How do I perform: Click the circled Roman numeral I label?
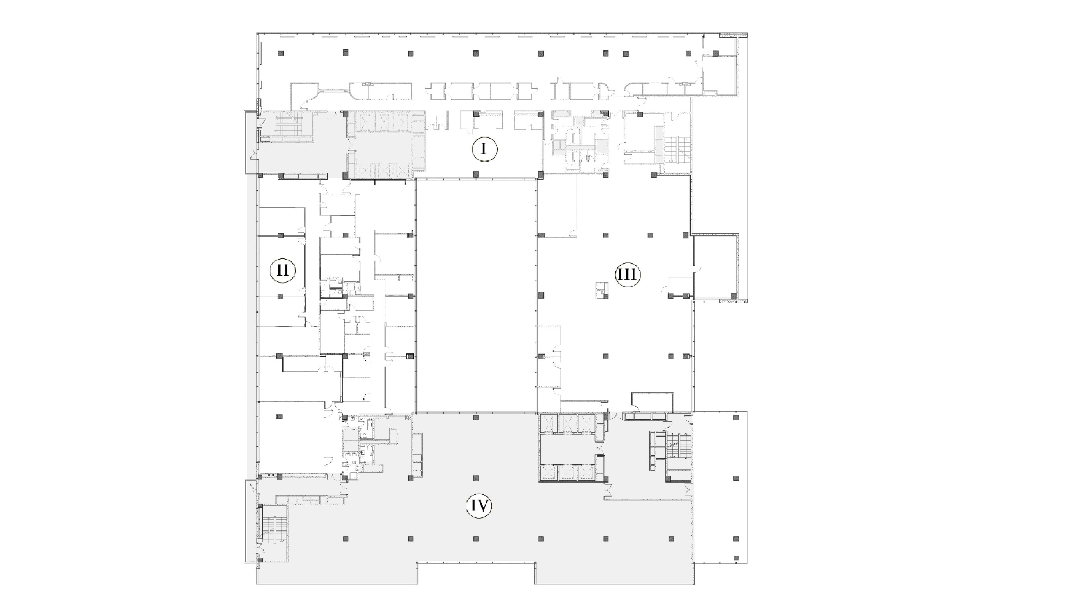coord(484,149)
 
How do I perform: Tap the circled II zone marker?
coord(282,270)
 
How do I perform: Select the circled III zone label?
coord(628,275)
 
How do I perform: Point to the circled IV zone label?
coord(479,505)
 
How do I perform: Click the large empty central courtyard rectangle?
coord(476,295)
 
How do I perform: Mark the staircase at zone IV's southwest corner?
coord(274,529)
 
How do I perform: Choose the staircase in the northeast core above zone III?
coord(678,150)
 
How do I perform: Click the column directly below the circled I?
coord(476,174)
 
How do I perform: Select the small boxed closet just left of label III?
coord(601,290)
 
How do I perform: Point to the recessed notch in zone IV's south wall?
coord(476,573)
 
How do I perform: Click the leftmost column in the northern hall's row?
coord(281,53)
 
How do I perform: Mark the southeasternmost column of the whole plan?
coord(736,558)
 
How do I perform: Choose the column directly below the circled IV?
coord(476,539)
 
